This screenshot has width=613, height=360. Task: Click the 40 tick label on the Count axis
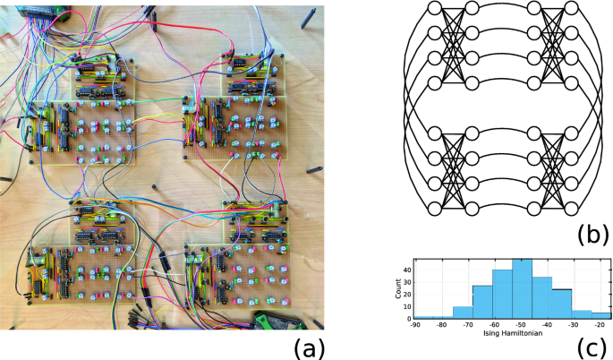(x=407, y=270)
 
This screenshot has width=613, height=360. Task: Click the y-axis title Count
(x=398, y=288)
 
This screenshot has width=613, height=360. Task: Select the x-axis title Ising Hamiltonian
(x=513, y=334)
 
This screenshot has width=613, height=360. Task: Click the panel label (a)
(x=309, y=347)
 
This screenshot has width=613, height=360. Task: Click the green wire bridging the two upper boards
(x=158, y=100)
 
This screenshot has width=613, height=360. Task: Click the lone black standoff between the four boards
(x=154, y=185)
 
